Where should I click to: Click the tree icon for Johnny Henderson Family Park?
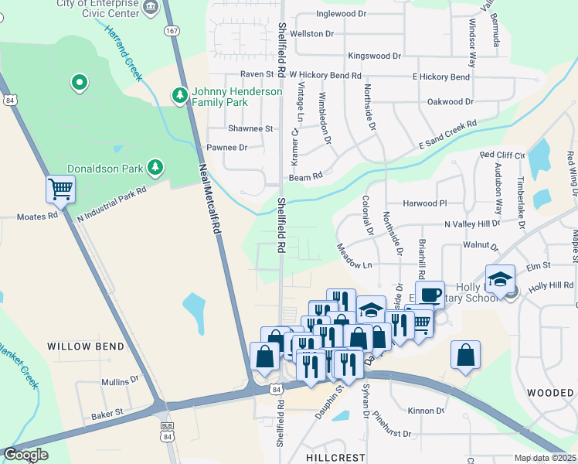coord(179,96)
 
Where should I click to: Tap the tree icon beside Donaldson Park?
coord(155,167)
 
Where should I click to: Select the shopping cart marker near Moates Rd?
coord(60,188)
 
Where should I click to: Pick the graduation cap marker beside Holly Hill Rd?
coord(500,278)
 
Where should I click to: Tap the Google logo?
coord(25,455)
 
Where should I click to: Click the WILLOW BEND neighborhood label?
coord(85,346)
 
